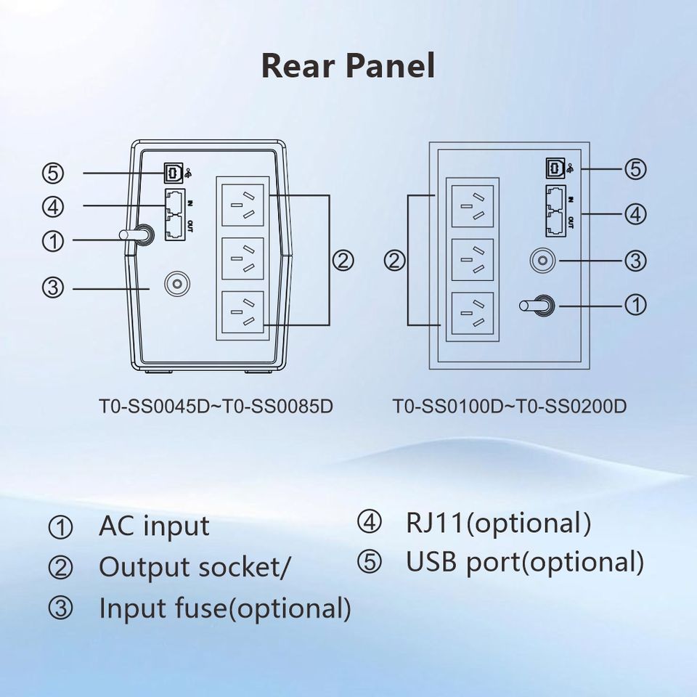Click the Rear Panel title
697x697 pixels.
pyautogui.click(x=348, y=65)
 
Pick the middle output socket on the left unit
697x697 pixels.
pyautogui.click(x=242, y=259)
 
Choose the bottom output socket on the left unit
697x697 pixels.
pyautogui.click(x=242, y=313)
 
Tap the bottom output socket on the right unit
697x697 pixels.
pyautogui.click(x=473, y=314)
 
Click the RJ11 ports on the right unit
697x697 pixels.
pyautogui.click(x=556, y=210)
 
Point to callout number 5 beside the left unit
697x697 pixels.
pyautogui.click(x=53, y=174)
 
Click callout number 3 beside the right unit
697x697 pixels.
pyautogui.click(x=635, y=260)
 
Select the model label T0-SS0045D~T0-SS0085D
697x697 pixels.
pyautogui.click(x=216, y=406)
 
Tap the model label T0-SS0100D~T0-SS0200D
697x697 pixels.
pyautogui.click(x=509, y=406)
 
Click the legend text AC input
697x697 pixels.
pyautogui.click(x=154, y=526)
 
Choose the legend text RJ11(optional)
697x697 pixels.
pyautogui.click(x=498, y=522)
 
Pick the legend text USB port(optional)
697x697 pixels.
pyautogui.click(x=524, y=561)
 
